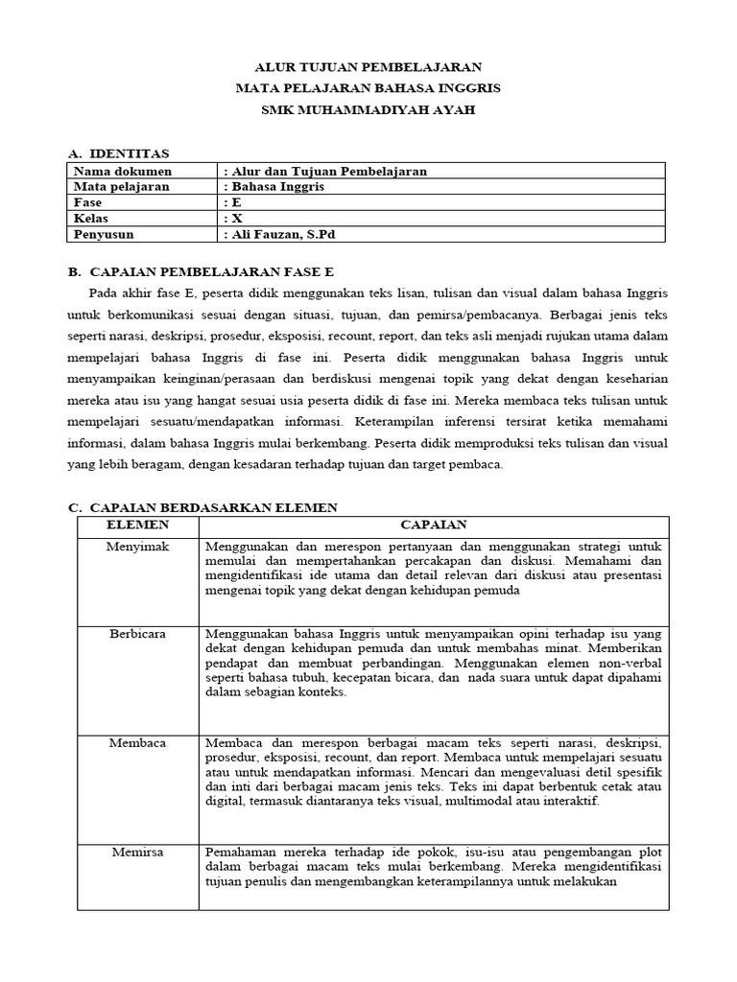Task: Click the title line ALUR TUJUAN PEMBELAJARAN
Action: (368, 67)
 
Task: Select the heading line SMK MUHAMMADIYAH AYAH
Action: (368, 109)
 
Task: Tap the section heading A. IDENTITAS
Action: (118, 153)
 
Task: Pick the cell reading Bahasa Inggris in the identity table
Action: (273, 187)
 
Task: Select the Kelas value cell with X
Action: (232, 218)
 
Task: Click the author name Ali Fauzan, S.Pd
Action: (282, 233)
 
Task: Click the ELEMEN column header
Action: (137, 525)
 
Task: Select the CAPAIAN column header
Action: (433, 525)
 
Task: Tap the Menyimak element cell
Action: (136, 546)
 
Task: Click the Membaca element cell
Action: (136, 743)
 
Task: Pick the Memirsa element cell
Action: (136, 851)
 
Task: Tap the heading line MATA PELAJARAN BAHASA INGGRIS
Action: (368, 88)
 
